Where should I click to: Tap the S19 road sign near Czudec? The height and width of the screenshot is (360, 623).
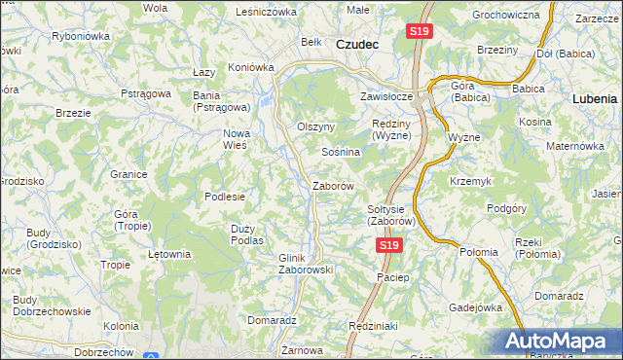[x=418, y=32]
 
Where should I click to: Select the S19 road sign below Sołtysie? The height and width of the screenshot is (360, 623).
[x=388, y=246]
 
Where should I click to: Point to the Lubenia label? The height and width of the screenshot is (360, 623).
[x=595, y=98]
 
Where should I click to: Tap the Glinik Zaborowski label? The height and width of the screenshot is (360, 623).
[x=307, y=264]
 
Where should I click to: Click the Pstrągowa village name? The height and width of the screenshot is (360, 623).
[x=147, y=93]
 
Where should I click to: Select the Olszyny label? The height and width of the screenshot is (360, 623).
[x=315, y=126]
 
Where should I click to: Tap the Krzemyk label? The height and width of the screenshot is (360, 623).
[x=470, y=181]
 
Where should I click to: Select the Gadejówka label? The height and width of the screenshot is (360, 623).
[x=473, y=306]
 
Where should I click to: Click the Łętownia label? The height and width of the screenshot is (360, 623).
[x=168, y=254]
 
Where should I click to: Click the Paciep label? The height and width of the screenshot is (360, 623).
[x=394, y=277]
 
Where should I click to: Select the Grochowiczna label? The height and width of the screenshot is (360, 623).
[x=505, y=16]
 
